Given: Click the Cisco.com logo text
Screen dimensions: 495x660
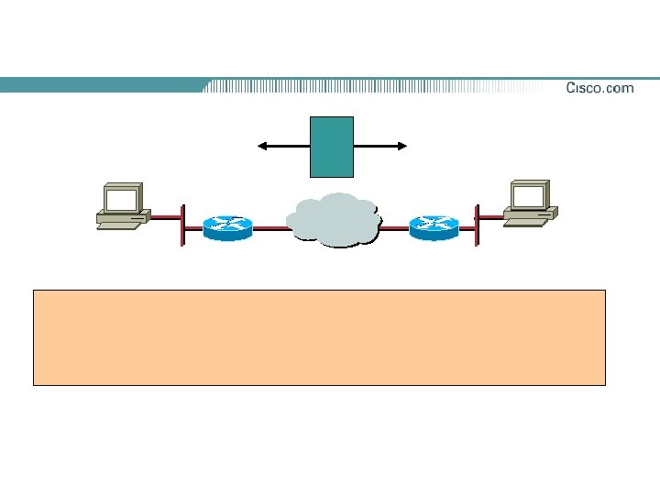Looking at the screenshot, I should point(599,88).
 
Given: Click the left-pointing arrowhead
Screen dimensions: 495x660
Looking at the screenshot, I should point(263,145).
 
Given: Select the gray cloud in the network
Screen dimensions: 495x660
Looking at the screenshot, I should point(334,221).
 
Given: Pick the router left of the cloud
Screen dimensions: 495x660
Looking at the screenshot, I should point(228,227).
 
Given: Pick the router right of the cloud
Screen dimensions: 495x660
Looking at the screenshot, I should point(434,227).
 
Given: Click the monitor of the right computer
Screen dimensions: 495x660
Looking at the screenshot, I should point(530,195).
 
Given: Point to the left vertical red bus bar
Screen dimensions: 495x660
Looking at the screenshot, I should point(183,225).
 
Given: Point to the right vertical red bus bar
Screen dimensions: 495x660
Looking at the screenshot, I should point(477,225).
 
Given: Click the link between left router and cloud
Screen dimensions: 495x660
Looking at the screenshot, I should point(269,228).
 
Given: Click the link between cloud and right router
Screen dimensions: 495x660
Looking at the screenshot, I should point(394,228).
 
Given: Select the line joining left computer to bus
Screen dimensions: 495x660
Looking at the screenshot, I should point(166,217).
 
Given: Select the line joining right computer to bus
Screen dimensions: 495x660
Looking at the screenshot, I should point(490,216).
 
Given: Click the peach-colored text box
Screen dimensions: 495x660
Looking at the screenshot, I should point(319,337).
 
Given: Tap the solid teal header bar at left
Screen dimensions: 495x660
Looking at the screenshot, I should point(101,85).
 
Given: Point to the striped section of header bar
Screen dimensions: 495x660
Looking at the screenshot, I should point(367,86).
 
